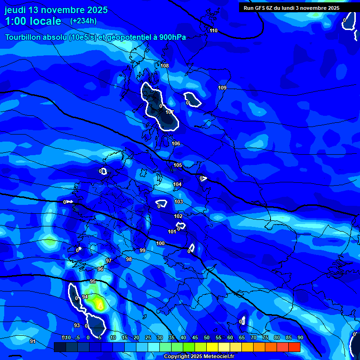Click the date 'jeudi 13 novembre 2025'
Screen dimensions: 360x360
tap(56, 10)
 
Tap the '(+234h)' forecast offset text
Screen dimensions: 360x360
tap(83, 21)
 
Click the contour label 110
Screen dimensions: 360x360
tap(214, 30)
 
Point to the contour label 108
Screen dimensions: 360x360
tap(165, 66)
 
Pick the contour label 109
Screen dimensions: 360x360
tap(222, 88)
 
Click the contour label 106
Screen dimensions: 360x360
tap(176, 143)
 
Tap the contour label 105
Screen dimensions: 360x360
tap(178, 165)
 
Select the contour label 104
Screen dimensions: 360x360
tap(177, 184)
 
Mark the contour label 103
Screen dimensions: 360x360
tap(179, 202)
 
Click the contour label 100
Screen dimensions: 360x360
tap(160, 243)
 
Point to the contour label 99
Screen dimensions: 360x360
tap(142, 250)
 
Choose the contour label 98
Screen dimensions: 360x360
tap(129, 259)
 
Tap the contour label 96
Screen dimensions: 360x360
tap(100, 269)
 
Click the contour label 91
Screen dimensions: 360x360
tap(32, 341)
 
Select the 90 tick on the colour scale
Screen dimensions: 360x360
tap(300, 337)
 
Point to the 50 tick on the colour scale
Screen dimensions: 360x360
tap(207, 337)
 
